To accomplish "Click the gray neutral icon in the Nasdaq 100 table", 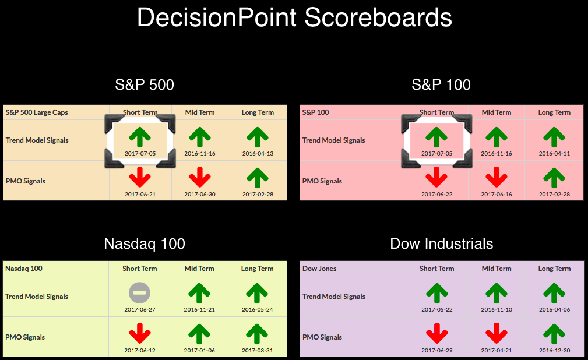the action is tap(139, 293).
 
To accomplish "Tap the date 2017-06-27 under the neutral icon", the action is tap(139, 310).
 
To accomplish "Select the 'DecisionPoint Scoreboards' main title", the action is tap(294, 17).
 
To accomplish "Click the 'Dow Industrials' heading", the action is tap(441, 243).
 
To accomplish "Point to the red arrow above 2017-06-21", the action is tap(140, 177).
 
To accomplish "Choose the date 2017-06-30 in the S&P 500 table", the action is tap(199, 194).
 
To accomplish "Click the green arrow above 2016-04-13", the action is tap(257, 137).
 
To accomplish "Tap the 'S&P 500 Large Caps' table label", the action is tap(37, 112).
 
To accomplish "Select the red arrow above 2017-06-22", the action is tap(436, 177).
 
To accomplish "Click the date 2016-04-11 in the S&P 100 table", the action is tap(554, 153).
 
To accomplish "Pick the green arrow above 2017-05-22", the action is tap(437, 293).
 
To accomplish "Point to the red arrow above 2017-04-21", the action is tap(497, 333).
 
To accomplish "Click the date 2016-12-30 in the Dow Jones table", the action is tap(554, 350).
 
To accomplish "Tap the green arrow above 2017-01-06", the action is tap(199, 334).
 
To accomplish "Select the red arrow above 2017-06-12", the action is tap(140, 333).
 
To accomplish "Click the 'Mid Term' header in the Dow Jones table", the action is tap(497, 269).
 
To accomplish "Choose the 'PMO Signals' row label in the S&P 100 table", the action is tap(322, 181).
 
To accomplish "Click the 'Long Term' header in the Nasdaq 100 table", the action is tap(257, 269).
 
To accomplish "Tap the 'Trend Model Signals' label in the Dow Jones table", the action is tap(334, 297).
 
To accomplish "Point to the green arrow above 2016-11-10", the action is tap(497, 293).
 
